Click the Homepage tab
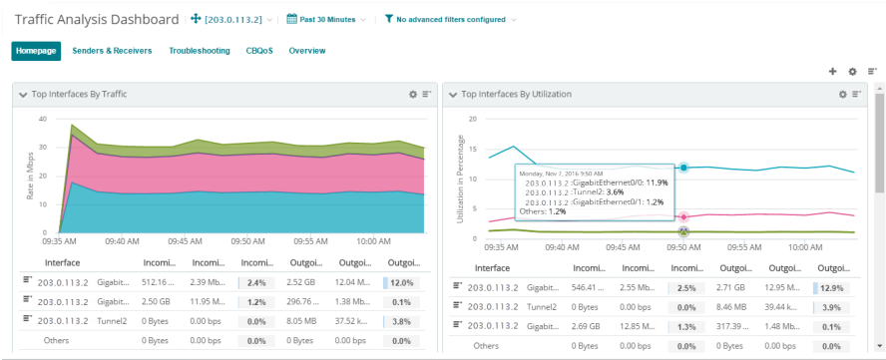coord(36,51)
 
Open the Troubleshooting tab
coord(200,51)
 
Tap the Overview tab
coord(307,51)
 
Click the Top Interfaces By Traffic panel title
coord(79,95)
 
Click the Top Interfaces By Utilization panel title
coord(517,95)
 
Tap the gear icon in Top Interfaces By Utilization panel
coord(841,95)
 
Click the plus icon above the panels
coord(832,72)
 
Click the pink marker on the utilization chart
coord(683,216)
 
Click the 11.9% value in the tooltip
coord(656,182)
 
